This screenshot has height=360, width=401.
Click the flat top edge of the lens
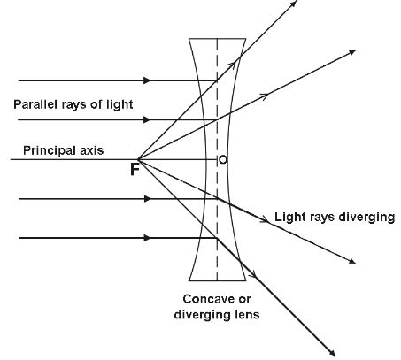(x=216, y=39)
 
